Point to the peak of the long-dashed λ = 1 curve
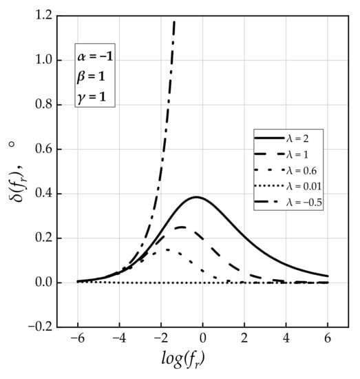click(181, 227)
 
